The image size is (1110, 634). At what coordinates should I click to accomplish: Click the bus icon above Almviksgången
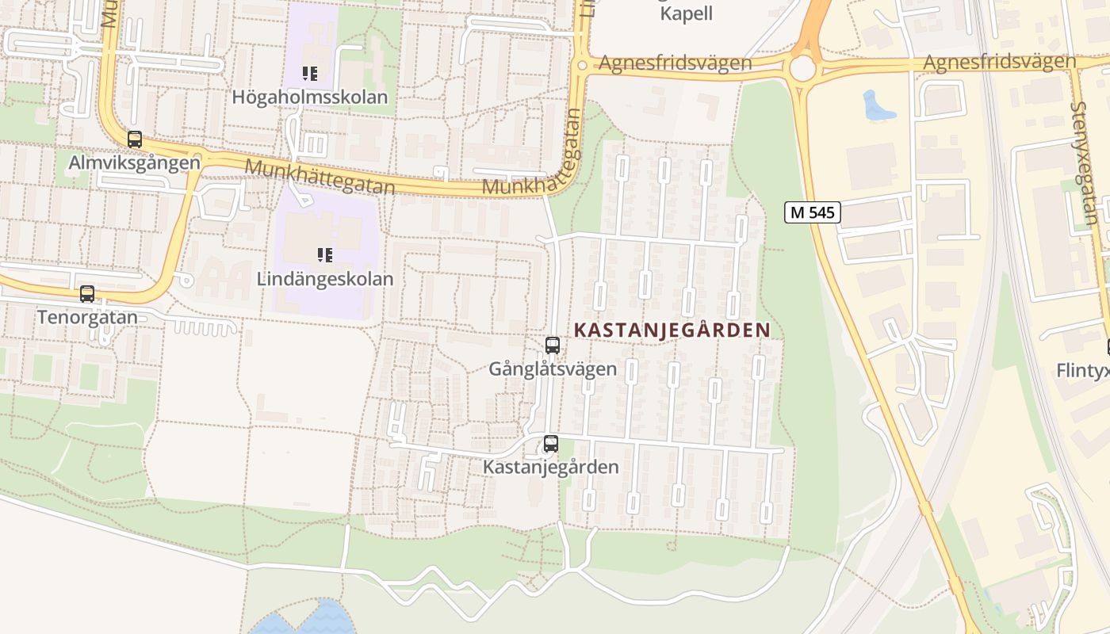135,139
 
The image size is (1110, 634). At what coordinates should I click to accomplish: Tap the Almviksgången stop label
135,163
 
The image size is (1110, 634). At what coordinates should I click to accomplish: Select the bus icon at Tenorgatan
87,294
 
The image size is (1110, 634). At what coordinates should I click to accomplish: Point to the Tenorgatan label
87,318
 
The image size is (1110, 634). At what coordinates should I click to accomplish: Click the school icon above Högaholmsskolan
310,74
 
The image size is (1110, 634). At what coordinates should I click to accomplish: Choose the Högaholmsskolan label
310,97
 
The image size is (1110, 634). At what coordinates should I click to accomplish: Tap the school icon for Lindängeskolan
325,255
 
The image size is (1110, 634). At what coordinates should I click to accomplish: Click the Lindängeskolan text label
325,279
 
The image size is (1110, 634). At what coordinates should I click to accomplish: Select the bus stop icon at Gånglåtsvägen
553,346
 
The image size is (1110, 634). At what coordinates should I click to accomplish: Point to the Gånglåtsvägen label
553,369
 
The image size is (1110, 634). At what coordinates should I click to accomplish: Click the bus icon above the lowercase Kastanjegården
551,444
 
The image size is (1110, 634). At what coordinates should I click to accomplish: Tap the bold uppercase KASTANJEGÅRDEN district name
672,330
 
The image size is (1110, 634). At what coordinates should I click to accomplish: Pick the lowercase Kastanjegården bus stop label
551,467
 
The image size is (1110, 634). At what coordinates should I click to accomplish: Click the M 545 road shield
813,212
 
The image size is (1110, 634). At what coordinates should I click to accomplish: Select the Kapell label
687,13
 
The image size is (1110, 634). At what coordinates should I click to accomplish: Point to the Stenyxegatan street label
1085,163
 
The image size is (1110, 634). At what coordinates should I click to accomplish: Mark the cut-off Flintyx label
1083,370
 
